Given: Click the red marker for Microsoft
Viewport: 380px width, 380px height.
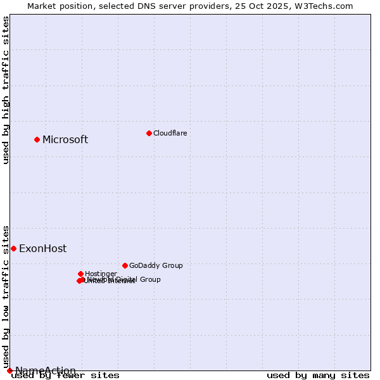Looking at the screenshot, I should [37, 139].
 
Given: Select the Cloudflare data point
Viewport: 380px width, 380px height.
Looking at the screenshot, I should [149, 133].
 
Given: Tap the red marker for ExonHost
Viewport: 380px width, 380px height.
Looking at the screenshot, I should [13, 248].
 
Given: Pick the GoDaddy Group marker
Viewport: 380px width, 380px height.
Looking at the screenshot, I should [125, 265].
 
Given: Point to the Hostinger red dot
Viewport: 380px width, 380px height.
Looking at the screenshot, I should [80, 274].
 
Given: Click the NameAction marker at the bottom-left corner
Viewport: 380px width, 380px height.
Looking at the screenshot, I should [9, 370].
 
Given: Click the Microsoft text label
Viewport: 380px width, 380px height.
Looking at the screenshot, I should [65, 139].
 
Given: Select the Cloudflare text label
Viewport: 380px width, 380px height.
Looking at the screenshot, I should [170, 133].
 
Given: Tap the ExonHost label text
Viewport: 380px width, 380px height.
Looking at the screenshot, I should [42, 248].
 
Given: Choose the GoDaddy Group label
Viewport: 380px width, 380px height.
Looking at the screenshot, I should [156, 265].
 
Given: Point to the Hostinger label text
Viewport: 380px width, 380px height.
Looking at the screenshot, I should [101, 274].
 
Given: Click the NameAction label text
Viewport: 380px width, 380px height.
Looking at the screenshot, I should [46, 370].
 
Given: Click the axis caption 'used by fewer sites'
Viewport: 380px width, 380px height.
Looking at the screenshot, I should [65, 375].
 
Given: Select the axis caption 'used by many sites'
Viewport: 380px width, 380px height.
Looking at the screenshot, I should [318, 375].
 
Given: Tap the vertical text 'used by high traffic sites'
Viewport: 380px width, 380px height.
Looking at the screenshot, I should [6, 90].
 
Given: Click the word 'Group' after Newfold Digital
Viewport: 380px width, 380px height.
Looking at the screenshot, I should [149, 279].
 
